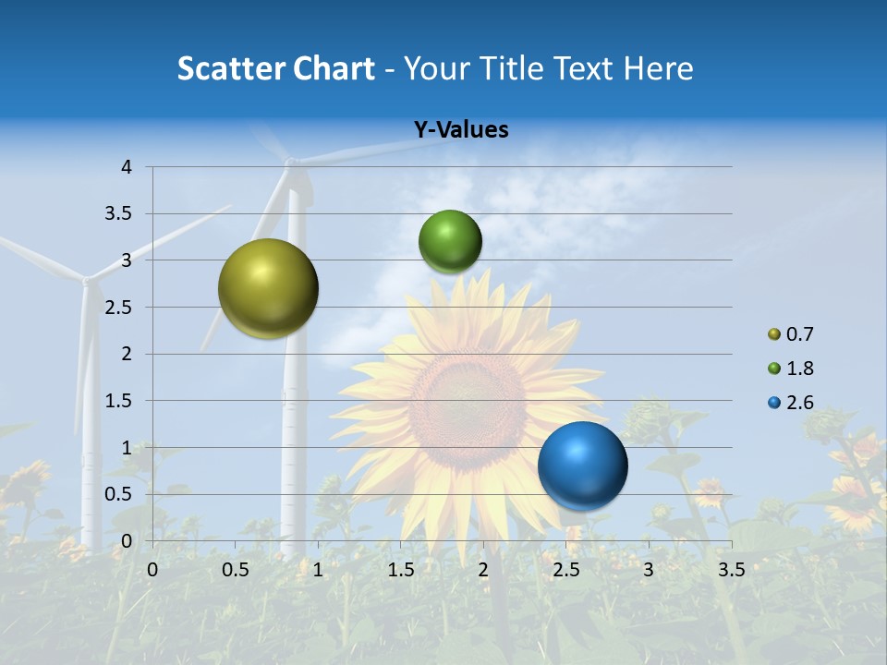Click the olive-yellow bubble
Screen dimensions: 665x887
pyautogui.click(x=268, y=288)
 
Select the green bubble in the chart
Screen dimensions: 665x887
pyautogui.click(x=450, y=241)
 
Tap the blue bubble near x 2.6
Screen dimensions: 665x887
pyautogui.click(x=582, y=465)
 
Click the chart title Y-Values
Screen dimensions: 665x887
pyautogui.click(x=460, y=130)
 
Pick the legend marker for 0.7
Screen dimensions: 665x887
pyautogui.click(x=774, y=334)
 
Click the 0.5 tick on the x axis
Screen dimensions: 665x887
pyautogui.click(x=236, y=570)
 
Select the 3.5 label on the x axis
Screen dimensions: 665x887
pyautogui.click(x=731, y=570)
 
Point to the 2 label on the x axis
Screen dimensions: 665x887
pyautogui.click(x=483, y=570)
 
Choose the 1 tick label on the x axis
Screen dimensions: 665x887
pyautogui.click(x=318, y=570)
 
